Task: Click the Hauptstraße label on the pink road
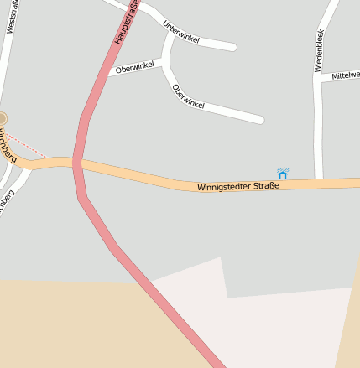click(x=126, y=23)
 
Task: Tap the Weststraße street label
click(x=11, y=17)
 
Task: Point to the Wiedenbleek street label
click(x=319, y=50)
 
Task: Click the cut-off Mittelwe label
click(x=345, y=75)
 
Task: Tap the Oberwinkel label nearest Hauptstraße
click(x=136, y=67)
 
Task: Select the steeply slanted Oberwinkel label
click(x=188, y=96)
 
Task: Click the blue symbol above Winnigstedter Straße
click(x=284, y=173)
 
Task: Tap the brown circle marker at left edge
click(x=3, y=119)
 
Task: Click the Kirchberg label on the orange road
click(x=8, y=147)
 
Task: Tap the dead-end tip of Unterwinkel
click(x=232, y=46)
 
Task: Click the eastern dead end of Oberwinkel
click(x=260, y=120)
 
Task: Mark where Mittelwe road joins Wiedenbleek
click(x=318, y=78)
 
